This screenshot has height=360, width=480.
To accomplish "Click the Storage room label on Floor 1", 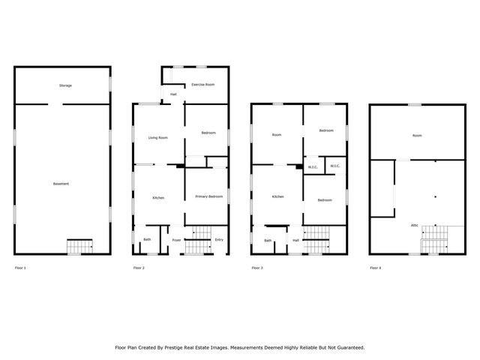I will coord(66,85).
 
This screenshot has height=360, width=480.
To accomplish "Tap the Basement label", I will coord(61,184).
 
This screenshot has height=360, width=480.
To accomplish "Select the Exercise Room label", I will coord(203,84).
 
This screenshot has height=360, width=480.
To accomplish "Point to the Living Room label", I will coord(157,137).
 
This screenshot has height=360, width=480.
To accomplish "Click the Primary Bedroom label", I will coord(209,196).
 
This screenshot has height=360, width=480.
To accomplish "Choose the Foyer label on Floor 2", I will coord(177,240).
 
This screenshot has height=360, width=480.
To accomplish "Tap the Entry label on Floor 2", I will coord(219,240).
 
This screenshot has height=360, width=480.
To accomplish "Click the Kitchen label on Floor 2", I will coord(158,197).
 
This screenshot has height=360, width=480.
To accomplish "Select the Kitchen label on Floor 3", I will coord(278,196).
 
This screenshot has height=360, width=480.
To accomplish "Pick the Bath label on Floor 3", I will coord(268,240).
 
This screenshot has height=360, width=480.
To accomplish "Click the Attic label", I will coord(414,225).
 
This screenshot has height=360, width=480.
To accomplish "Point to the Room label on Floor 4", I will coord(417,135).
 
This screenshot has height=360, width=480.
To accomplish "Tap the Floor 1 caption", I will coord(20,268).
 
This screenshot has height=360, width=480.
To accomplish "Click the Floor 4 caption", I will coord(375,268).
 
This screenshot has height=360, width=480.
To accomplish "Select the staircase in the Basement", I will coord(80,246).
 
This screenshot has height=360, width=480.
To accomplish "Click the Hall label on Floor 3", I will coord(296,240).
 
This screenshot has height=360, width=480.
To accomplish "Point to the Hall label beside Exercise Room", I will coord(173,94).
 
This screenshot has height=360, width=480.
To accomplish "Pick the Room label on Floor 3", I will coord(277,134).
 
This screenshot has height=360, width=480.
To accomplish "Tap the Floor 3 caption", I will coord(257,268).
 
